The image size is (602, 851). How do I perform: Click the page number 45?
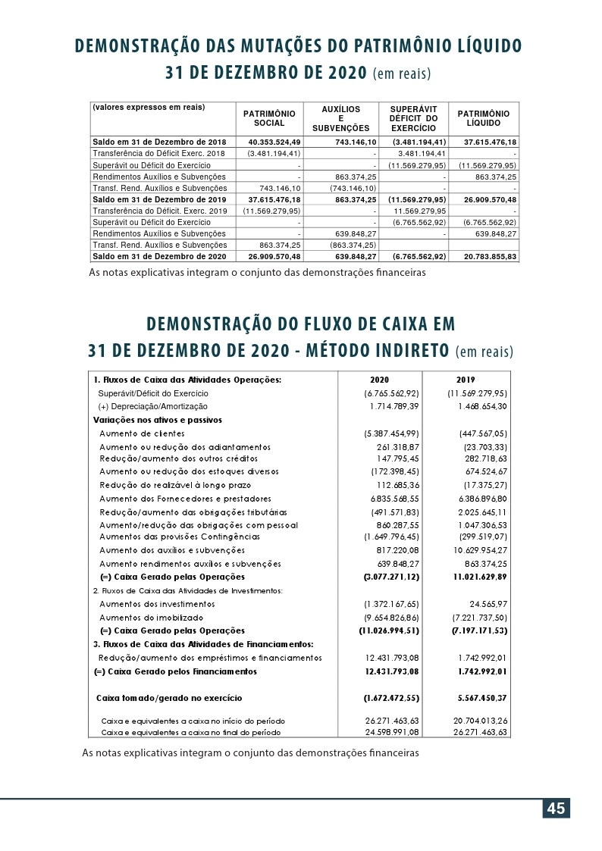[x=556, y=809]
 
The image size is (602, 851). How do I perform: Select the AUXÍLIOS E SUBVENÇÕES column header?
[x=340, y=119]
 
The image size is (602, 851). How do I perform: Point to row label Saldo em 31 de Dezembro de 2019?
[x=159, y=199]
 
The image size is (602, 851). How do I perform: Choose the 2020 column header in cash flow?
[x=379, y=379]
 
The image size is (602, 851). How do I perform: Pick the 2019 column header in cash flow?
[x=466, y=379]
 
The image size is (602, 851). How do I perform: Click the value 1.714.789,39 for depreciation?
[x=391, y=407]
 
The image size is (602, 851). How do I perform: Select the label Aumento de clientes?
[x=142, y=433]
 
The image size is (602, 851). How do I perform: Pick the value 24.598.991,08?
[x=392, y=733]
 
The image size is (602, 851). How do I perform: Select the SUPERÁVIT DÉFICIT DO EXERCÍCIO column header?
[x=412, y=119]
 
